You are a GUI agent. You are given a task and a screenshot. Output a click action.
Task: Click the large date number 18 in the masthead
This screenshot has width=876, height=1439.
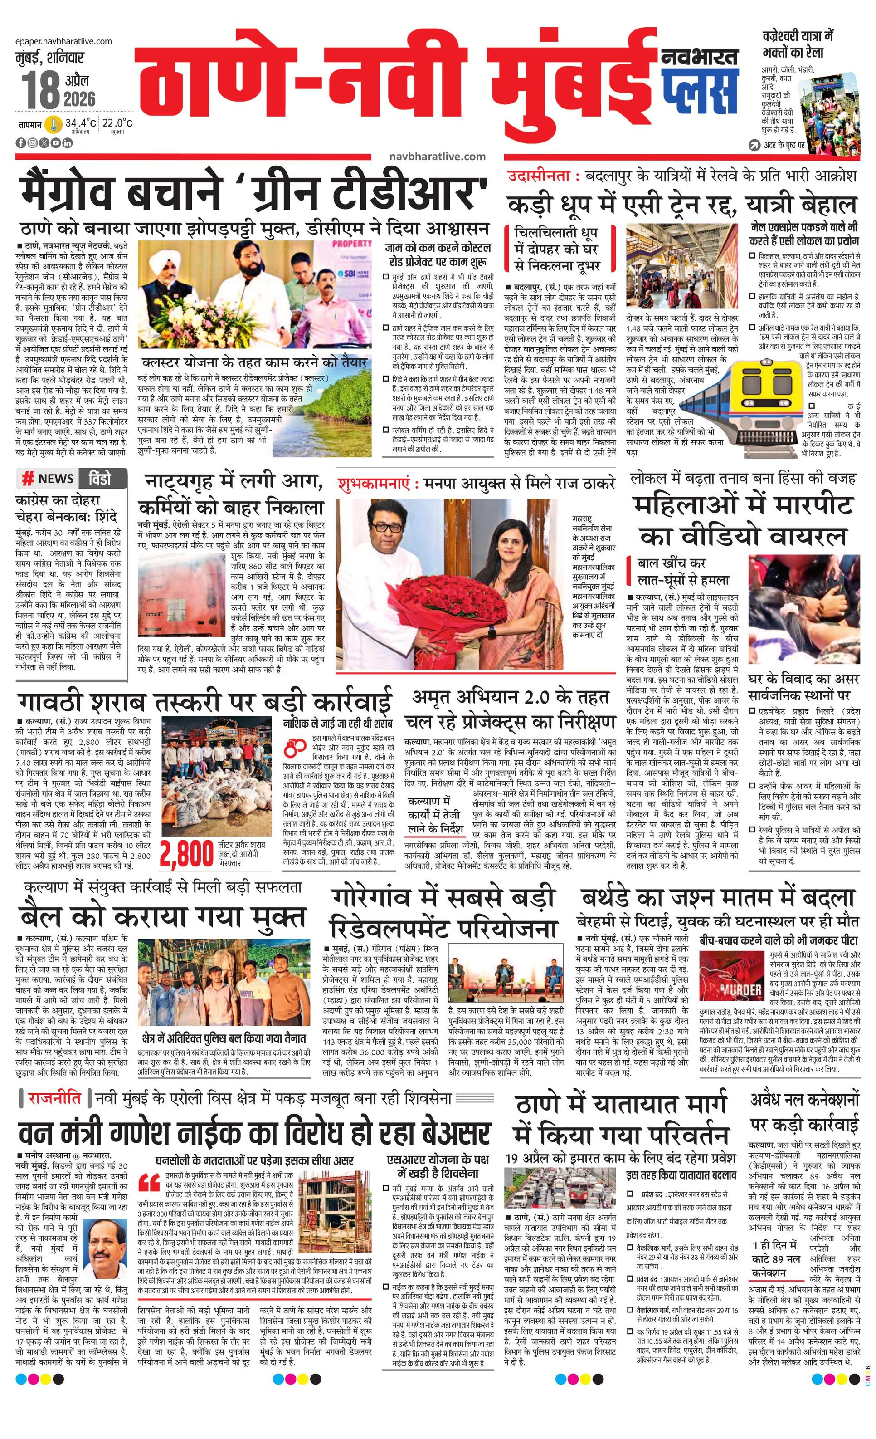[41, 89]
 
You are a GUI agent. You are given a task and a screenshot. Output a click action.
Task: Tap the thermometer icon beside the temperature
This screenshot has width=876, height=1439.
[54, 124]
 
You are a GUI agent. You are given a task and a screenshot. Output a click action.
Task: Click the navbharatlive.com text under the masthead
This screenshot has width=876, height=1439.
[437, 156]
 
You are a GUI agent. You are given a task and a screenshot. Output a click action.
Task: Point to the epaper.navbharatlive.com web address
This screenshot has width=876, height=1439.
[64, 41]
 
